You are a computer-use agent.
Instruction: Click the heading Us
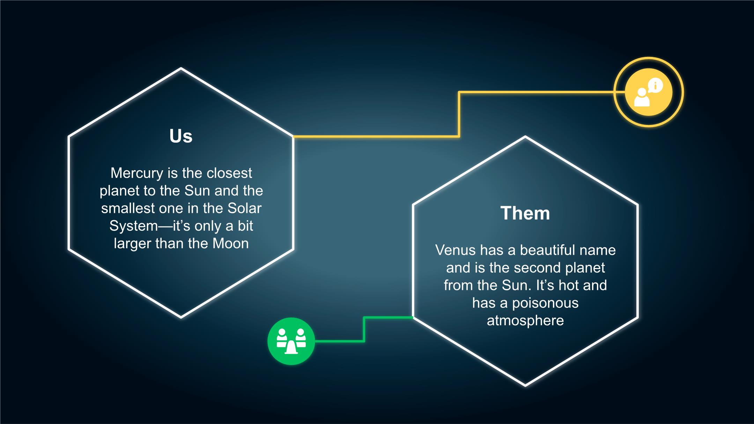click(181, 136)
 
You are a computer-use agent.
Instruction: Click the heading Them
click(525, 213)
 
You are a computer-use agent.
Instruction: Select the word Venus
click(455, 250)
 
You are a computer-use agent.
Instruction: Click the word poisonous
click(545, 303)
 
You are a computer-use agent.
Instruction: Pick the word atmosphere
click(525, 320)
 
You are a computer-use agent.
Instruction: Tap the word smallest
click(128, 208)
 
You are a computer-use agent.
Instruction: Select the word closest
click(229, 173)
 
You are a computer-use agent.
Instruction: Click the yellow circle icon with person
click(649, 92)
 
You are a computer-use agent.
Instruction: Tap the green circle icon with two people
click(291, 341)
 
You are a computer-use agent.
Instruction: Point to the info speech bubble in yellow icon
click(655, 85)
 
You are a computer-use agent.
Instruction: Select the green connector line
click(364, 329)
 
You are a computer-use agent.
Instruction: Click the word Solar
click(244, 208)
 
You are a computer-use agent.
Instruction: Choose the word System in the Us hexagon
click(134, 226)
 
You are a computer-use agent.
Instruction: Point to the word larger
click(133, 244)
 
